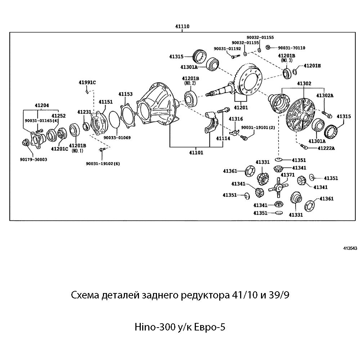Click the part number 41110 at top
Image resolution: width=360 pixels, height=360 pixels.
click(x=183, y=26)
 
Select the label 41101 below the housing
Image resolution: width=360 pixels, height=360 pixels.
click(x=196, y=152)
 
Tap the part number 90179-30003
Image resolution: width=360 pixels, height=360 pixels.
click(x=33, y=159)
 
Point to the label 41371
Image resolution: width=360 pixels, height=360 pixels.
click(x=288, y=175)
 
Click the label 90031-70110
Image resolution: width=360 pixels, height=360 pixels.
click(x=291, y=48)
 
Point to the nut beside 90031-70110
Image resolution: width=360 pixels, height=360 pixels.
click(x=268, y=47)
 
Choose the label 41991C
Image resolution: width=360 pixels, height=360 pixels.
click(x=87, y=82)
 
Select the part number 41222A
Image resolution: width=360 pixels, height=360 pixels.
click(x=326, y=148)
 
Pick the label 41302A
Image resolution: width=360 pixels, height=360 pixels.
click(x=325, y=95)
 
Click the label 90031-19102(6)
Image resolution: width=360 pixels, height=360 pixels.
click(x=103, y=163)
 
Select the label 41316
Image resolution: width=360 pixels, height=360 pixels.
click(x=236, y=119)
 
